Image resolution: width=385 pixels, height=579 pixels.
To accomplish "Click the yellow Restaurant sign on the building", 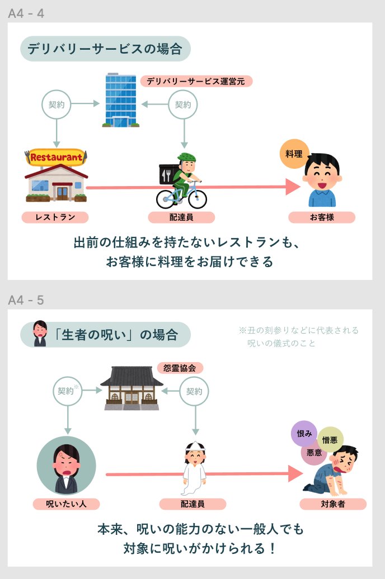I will [56, 157].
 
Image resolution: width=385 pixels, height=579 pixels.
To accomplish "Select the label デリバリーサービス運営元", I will [196, 81].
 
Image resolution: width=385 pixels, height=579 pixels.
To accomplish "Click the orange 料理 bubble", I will [294, 154].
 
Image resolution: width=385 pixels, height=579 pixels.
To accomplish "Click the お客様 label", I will [322, 217].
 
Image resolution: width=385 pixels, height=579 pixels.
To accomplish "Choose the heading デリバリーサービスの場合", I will [105, 49].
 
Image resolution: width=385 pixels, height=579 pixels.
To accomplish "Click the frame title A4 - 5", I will [26, 300].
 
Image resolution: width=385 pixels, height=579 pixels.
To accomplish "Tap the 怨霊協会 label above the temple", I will [180, 368].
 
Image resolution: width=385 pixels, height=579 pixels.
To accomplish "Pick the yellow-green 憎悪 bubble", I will [330, 439].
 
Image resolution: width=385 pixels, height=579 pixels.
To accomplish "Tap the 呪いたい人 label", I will [66, 504].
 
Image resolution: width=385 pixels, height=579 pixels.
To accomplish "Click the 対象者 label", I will [332, 504].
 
